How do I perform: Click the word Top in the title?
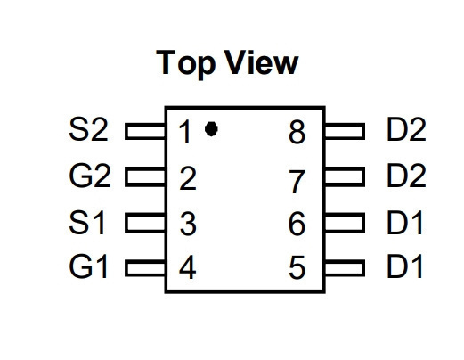coord(186,64)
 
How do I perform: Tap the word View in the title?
coord(261,62)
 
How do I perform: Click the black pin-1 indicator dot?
coord(211,129)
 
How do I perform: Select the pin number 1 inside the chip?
coord(184,132)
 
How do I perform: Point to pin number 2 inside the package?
coord(188,178)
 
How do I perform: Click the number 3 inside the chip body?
coord(188,224)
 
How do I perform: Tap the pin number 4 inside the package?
coord(188,267)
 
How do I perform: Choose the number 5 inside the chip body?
coord(297,267)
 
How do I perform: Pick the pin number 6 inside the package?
coord(297,224)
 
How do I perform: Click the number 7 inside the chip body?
coord(297,182)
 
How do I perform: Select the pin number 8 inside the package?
coord(297,132)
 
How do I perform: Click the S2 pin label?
coord(88,129)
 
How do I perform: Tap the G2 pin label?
coord(90,176)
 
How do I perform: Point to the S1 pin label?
coord(87,223)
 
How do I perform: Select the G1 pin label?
coord(88,266)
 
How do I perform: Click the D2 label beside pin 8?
coord(406,129)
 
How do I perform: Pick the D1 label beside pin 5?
coord(404,266)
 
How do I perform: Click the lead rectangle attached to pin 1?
coord(145,131)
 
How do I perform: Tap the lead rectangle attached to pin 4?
coord(145,268)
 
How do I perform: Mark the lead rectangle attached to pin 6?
coord(345,222)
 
